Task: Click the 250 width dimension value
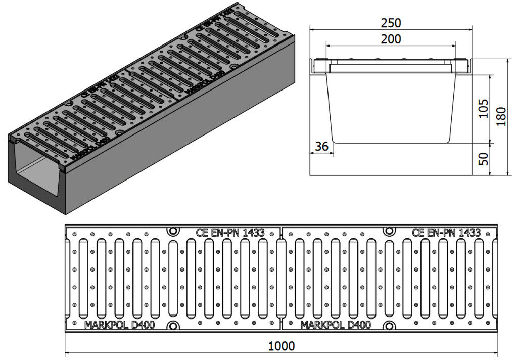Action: point(391,23)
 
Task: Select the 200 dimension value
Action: point(391,39)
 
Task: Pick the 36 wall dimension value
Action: point(321,146)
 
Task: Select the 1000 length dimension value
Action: point(282,346)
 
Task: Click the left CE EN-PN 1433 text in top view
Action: point(230,233)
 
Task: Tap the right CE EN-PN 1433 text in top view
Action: point(446,233)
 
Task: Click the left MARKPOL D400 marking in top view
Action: point(120,325)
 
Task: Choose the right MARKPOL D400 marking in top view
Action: point(336,325)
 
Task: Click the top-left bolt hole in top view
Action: point(173,231)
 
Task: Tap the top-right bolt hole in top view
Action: point(389,231)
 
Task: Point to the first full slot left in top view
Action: point(83,278)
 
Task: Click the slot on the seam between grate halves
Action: point(281,278)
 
